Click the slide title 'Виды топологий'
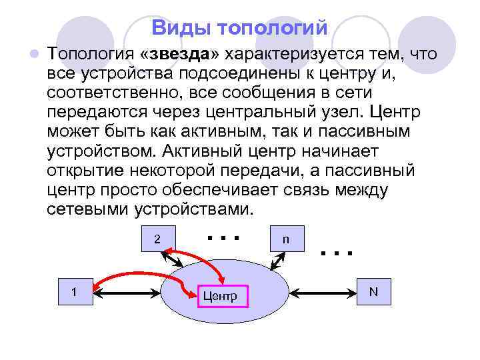pos(239,28)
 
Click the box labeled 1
pos(74,291)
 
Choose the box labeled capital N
pos(373,291)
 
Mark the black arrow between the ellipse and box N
pos(323,291)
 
